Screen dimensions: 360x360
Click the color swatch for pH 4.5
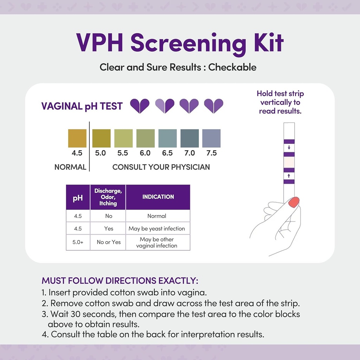pos(77,138)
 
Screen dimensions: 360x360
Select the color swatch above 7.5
pos(211,138)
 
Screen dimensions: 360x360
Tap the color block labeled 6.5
pos(168,138)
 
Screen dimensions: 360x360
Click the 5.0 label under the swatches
pos(101,153)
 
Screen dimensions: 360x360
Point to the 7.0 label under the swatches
pos(189,153)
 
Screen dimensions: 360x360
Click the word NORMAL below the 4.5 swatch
pos(70,167)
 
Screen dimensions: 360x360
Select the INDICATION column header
pos(158,197)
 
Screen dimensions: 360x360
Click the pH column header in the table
pos(78,198)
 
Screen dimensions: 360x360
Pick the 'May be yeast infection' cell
pos(157,229)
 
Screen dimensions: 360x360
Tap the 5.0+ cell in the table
pos(78,242)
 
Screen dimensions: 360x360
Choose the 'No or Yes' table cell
pos(109,242)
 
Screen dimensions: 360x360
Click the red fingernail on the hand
pos(294,202)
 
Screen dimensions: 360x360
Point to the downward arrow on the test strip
pos(289,148)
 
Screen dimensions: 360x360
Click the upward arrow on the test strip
pos(289,175)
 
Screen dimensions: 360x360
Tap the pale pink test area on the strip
pos(289,162)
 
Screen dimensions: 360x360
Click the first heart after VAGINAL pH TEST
pos(140,106)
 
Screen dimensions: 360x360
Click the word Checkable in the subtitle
pos(232,67)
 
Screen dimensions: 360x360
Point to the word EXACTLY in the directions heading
pos(178,281)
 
